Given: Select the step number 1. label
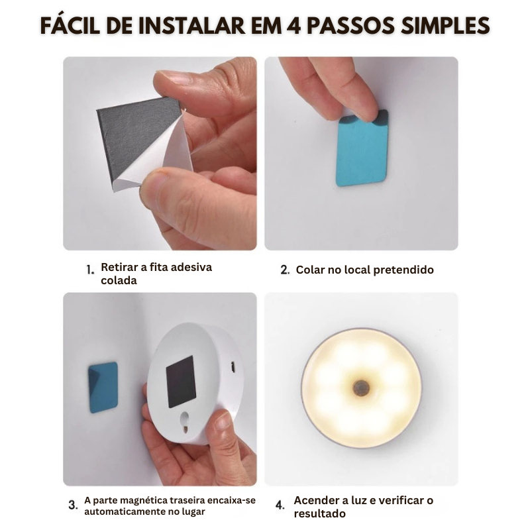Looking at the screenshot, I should click(91, 270).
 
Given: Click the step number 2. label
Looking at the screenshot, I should click(285, 270).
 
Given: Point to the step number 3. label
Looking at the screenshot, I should click(73, 505).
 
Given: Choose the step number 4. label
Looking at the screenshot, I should click(280, 505).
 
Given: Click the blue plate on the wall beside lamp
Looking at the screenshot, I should click(103, 388).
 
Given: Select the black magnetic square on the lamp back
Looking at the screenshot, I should click(181, 381).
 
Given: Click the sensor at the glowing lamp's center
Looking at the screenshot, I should click(361, 388).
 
